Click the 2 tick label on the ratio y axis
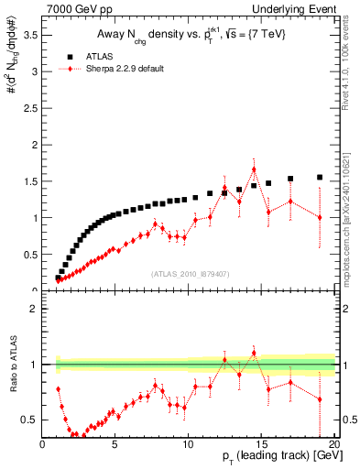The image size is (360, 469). click(x=34, y=309)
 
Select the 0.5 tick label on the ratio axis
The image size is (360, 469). click(x=29, y=420)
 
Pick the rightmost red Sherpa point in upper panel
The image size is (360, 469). click(x=320, y=217)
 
